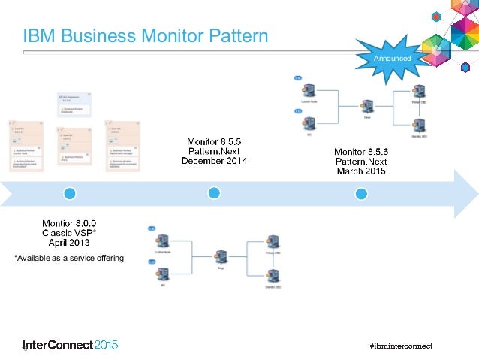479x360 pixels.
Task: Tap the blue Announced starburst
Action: point(393,58)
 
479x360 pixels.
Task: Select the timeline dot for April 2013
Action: point(70,193)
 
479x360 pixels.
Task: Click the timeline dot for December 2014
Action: point(214,193)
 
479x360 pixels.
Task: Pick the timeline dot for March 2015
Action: point(361,193)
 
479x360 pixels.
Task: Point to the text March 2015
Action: point(360,171)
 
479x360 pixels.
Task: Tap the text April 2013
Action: point(69,244)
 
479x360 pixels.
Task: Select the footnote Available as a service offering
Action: point(69,259)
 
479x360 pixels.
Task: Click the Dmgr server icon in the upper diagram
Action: point(367,106)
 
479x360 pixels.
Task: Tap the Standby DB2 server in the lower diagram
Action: point(273,274)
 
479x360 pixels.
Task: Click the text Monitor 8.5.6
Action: point(360,150)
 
